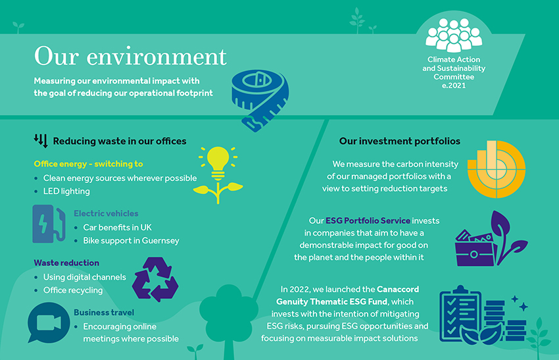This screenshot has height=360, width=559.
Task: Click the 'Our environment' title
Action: [130, 57]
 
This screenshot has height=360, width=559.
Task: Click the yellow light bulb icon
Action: [218, 174]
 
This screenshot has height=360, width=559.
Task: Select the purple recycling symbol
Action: [155, 279]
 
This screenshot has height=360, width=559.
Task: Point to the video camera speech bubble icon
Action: [49, 323]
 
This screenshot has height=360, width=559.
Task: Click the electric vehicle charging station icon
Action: [49, 224]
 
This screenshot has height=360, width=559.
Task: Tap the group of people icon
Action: [454, 35]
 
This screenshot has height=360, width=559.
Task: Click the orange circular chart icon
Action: [496, 169]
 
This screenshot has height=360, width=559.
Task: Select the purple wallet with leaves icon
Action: [491, 239]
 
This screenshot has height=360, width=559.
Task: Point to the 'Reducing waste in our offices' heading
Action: [120, 141]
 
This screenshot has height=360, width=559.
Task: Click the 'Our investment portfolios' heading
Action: [400, 141]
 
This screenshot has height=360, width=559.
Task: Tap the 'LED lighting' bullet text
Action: [66, 192]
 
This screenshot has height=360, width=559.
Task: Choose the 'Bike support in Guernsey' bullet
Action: [131, 240]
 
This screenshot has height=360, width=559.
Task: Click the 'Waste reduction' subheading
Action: [66, 263]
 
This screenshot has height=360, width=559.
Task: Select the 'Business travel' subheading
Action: [104, 313]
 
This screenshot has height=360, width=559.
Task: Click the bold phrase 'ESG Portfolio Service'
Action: [368, 221]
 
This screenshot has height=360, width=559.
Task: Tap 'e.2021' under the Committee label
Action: [454, 86]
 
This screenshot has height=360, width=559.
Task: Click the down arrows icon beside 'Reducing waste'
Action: [41, 141]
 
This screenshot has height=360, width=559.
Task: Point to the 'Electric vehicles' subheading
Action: [106, 213]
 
